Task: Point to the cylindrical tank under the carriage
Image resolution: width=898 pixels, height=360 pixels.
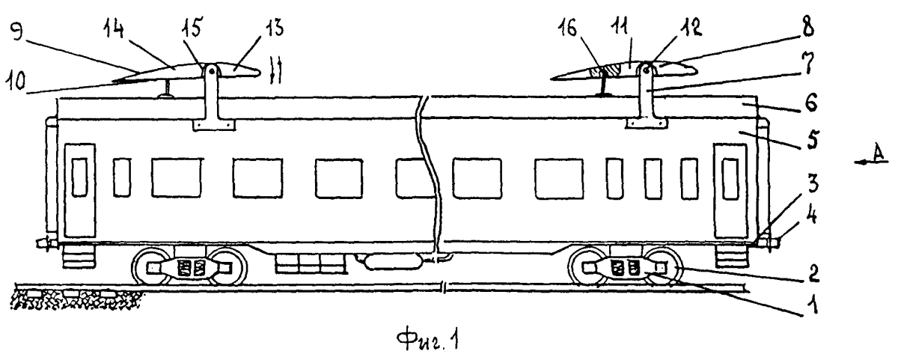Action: pyautogui.click(x=393, y=262)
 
